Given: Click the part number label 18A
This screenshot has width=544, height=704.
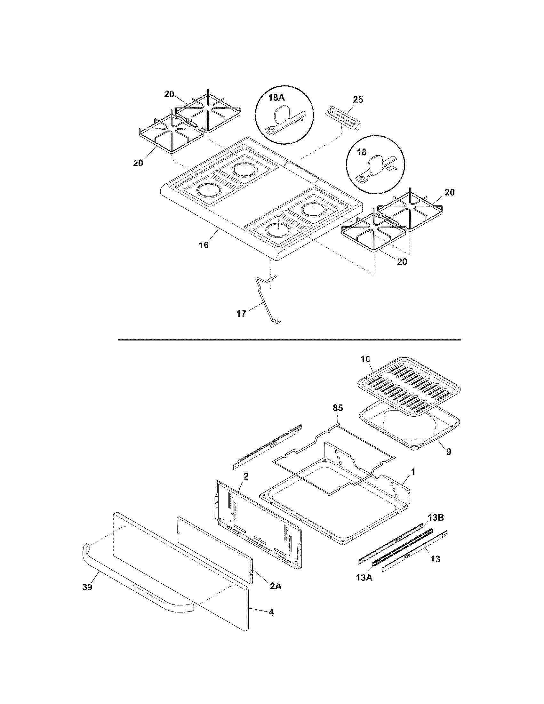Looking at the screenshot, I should (x=276, y=98).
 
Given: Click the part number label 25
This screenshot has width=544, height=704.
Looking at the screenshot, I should (x=358, y=100).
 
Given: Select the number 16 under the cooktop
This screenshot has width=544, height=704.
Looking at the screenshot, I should (x=203, y=245).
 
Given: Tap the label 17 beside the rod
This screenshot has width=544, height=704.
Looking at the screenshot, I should (x=241, y=314).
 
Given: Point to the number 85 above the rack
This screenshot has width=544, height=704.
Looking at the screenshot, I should (x=337, y=408).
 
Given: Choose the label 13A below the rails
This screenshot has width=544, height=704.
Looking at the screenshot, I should (x=364, y=578).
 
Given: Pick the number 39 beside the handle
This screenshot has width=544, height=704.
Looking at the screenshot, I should (x=87, y=587).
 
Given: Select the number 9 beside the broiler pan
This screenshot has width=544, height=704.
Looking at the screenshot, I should (x=449, y=452).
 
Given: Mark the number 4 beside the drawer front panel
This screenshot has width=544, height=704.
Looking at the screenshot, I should (x=271, y=612).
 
